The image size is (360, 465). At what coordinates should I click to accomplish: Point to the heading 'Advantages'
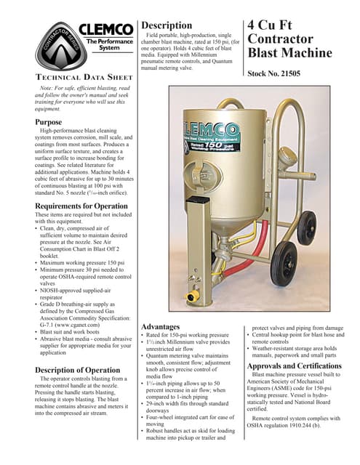pyautogui.click(x=165, y=327)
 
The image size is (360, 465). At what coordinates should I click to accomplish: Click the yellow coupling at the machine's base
pyautogui.click(x=192, y=296)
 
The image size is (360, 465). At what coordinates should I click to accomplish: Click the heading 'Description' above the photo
pyautogui.click(x=166, y=25)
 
